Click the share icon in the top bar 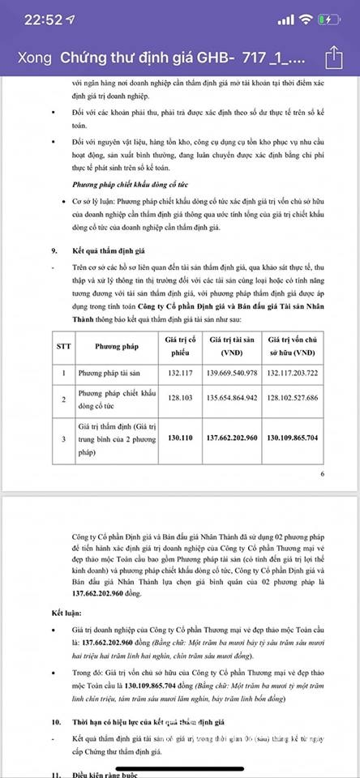334,56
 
